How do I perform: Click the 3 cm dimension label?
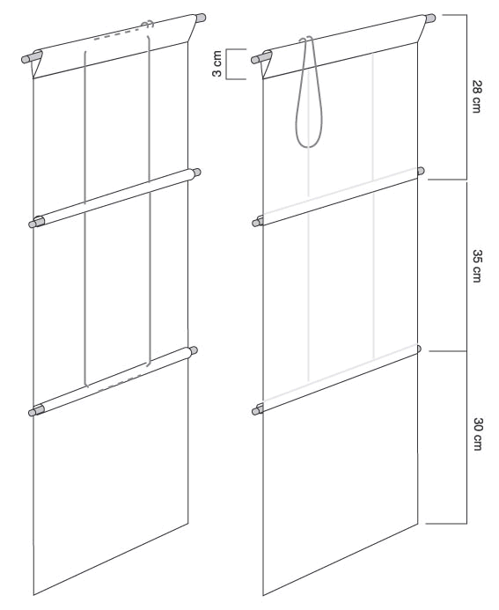[217, 63]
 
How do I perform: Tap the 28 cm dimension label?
[477, 97]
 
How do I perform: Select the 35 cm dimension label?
[477, 266]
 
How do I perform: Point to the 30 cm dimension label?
[478, 434]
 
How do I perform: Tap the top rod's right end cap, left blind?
[201, 18]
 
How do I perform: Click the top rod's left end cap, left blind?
[26, 58]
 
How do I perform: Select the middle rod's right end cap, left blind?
[197, 172]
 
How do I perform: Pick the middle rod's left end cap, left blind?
[33, 224]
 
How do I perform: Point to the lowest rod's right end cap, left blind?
[194, 350]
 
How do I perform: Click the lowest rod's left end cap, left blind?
[33, 412]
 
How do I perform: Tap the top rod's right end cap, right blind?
[430, 18]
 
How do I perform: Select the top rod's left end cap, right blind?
[257, 59]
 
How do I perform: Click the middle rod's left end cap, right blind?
[256, 223]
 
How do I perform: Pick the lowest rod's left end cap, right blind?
[256, 411]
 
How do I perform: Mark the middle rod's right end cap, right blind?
[421, 171]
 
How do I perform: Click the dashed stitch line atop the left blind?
[117, 33]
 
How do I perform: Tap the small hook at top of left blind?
[148, 24]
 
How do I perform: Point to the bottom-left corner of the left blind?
[33, 595]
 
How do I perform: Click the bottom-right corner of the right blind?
[418, 524]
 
